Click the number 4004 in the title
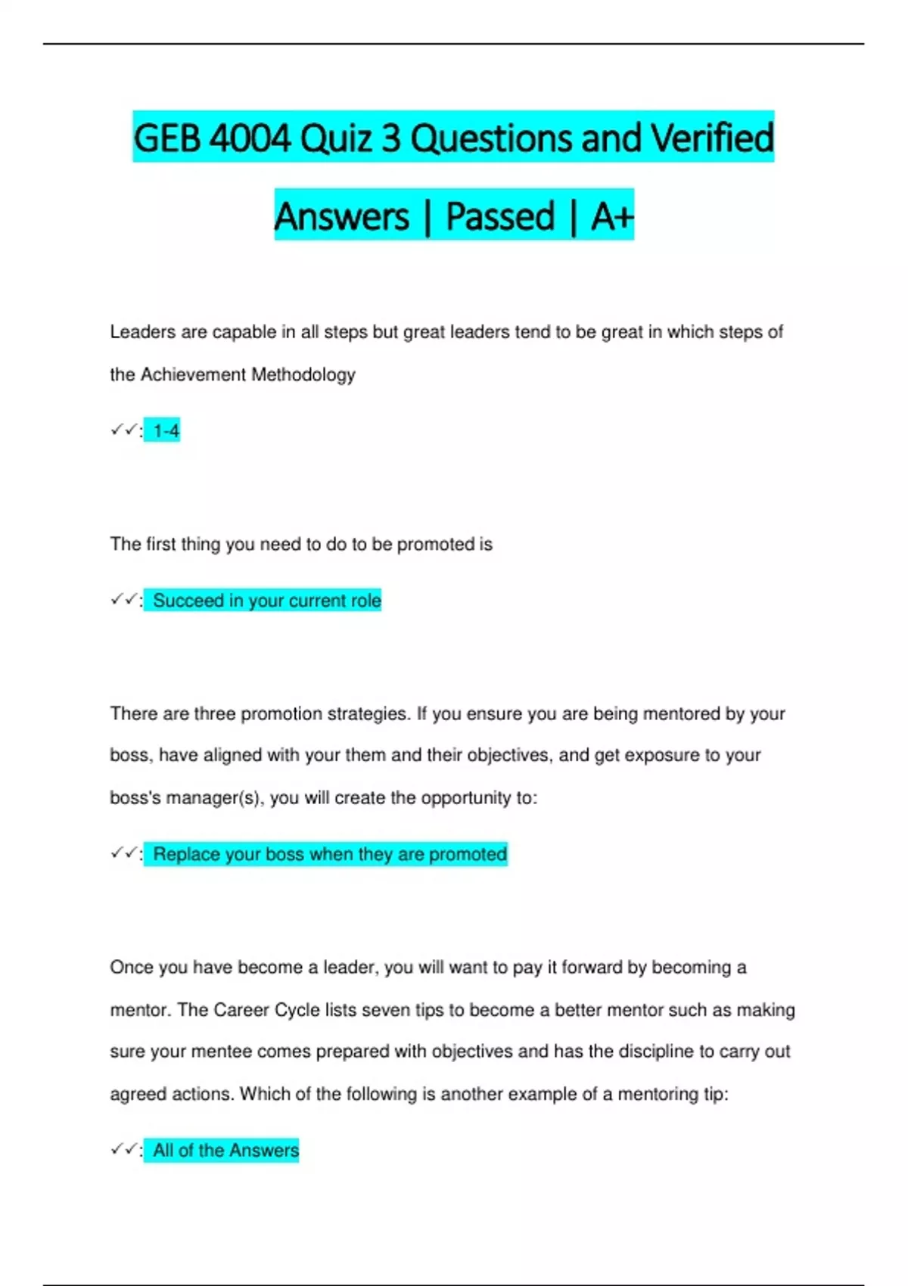(x=249, y=138)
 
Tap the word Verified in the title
(x=712, y=138)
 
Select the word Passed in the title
(x=500, y=216)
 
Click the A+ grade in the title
(x=611, y=216)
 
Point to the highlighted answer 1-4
(x=166, y=431)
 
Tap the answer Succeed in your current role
(x=266, y=601)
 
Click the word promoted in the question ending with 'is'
(x=435, y=545)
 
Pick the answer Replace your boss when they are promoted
(x=330, y=854)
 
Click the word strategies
(x=368, y=714)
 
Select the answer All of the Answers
(x=225, y=1151)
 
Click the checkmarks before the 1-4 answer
(x=123, y=430)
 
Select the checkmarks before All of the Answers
(x=123, y=1150)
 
